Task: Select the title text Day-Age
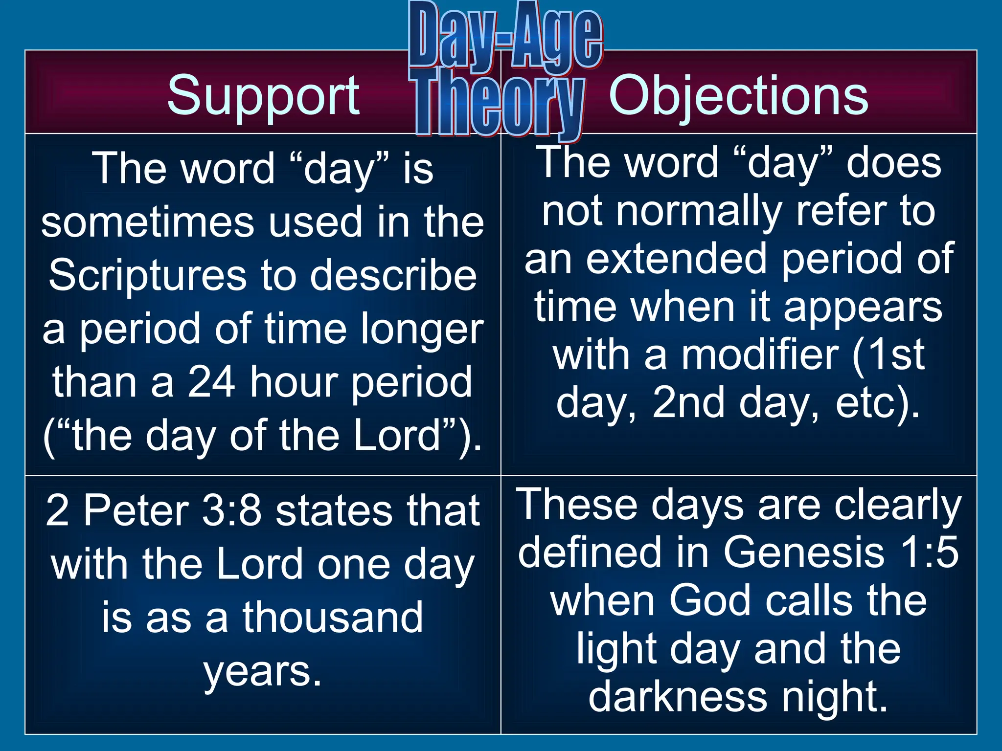pos(505,36)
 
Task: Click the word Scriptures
pos(147,276)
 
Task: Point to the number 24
pos(211,382)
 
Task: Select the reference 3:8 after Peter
pos(232,510)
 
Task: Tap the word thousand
pos(332,618)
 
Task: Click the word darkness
pos(678,697)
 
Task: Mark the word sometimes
pos(147,222)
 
